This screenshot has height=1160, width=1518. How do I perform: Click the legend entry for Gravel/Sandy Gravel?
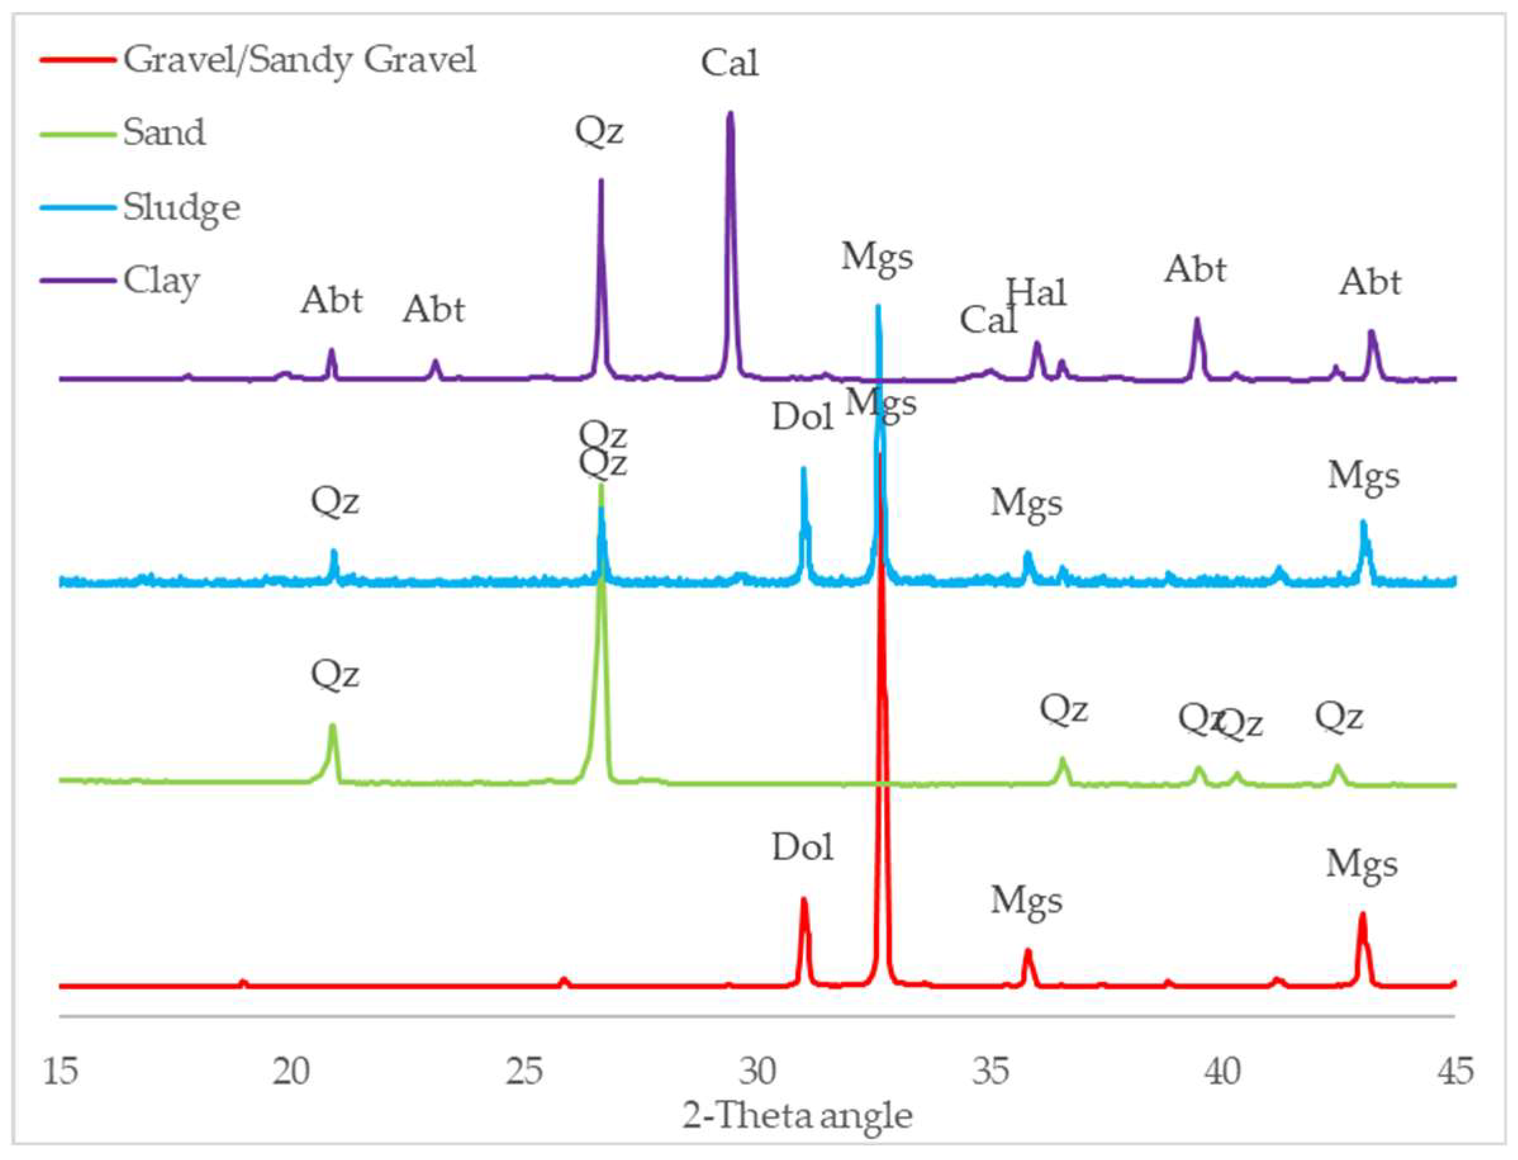(x=299, y=60)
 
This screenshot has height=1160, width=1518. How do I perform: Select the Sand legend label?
(x=164, y=132)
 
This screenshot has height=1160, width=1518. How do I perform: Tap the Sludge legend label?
(x=182, y=207)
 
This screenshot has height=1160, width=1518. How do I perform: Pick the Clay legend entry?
(x=161, y=280)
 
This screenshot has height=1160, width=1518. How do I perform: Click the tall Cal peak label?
(x=729, y=63)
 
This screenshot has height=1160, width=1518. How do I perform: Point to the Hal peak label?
(x=1036, y=293)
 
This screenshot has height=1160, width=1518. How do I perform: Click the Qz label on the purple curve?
(x=599, y=131)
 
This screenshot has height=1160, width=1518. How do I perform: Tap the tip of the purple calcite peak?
(x=730, y=114)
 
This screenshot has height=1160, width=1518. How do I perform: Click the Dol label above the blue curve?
(x=802, y=417)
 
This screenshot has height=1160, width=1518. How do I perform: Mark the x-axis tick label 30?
(x=757, y=1071)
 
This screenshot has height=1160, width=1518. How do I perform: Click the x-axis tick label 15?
(x=60, y=1071)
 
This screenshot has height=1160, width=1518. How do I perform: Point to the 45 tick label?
(x=1455, y=1071)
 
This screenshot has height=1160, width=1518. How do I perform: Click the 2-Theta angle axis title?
(x=797, y=1116)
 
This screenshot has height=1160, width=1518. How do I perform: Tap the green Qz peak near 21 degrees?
(x=332, y=727)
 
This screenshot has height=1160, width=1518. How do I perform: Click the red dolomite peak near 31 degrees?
(x=803, y=900)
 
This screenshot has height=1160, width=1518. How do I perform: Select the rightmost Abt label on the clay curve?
(x=1370, y=282)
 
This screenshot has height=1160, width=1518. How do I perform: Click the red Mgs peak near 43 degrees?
(x=1362, y=915)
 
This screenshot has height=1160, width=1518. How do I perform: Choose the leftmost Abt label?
(x=331, y=300)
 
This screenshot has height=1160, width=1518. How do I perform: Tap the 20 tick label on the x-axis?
(x=291, y=1071)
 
